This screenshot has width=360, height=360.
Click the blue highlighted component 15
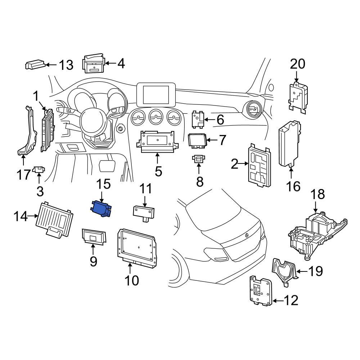(101, 209)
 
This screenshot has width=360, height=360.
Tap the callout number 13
(66, 65)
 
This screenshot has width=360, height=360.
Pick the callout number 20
(297, 64)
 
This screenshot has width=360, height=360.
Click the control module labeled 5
(157, 143)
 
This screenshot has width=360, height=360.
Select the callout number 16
(294, 186)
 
